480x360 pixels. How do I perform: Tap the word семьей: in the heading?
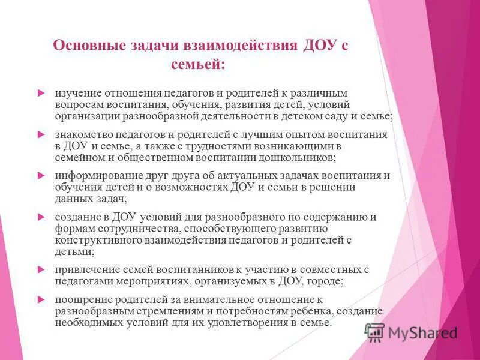pos(198,64)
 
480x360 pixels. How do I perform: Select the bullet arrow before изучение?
pos(41,94)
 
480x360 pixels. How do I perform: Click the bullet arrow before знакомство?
pos(41,134)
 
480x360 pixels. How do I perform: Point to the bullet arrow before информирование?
pos(41,176)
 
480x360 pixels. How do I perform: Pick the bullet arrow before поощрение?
pos(41,299)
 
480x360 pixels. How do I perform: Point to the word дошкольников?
pos(299,158)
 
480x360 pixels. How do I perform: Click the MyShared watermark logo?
pos(412,332)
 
